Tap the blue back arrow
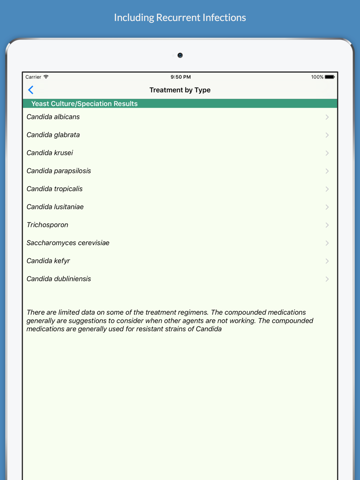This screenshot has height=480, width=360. tap(31, 90)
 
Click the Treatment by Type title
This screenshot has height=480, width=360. tap(180, 90)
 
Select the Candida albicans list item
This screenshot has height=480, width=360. tap(53, 117)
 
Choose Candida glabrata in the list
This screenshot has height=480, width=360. tap(53, 135)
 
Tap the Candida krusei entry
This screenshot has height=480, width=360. tap(50, 153)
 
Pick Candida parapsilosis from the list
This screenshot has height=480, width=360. tap(59, 171)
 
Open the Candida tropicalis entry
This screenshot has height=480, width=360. tap(55, 189)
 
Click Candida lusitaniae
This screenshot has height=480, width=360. tap(55, 207)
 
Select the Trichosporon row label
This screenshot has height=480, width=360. tap(48, 225)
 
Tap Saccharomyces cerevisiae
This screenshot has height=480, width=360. tap(68, 243)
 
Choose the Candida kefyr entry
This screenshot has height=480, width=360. tap(48, 261)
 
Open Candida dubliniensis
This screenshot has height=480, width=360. tap(59, 279)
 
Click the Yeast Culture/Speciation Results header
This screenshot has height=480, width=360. tap(85, 104)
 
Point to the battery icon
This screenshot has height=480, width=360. tap(329, 77)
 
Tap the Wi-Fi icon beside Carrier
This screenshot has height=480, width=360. tap(46, 77)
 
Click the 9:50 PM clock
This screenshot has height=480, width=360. tap(181, 77)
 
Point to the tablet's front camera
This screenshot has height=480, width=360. tap(180, 55)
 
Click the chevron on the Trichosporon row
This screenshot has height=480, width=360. tap(327, 225)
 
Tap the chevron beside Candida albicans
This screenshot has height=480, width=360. tap(327, 117)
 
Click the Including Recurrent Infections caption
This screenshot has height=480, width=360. tap(180, 17)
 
